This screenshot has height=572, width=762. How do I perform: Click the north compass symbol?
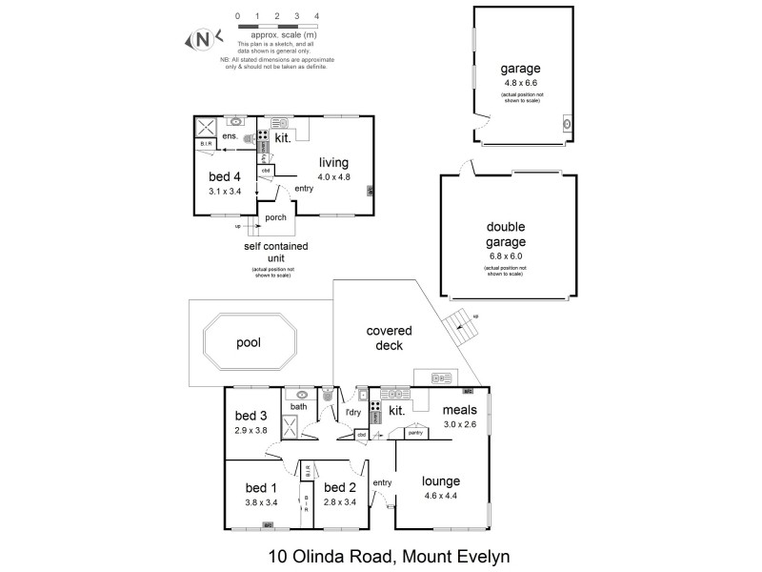pyautogui.click(x=202, y=39)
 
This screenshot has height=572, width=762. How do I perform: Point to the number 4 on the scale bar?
pyautogui.click(x=317, y=16)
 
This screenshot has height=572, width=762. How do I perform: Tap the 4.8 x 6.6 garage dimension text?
pyautogui.click(x=521, y=83)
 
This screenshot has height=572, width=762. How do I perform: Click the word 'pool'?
pyautogui.click(x=249, y=342)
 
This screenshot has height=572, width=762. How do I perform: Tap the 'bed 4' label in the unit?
pyautogui.click(x=227, y=176)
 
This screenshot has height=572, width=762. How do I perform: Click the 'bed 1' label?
pyautogui.click(x=261, y=489)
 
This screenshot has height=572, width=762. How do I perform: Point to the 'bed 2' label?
pyautogui.click(x=340, y=489)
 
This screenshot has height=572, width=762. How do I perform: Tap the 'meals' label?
pyautogui.click(x=459, y=411)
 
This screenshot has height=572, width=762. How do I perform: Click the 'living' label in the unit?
pyautogui.click(x=333, y=162)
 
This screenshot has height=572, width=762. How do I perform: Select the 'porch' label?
pyautogui.click(x=275, y=217)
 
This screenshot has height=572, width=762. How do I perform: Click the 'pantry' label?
pyautogui.click(x=413, y=433)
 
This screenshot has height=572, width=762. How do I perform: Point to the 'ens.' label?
pyautogui.click(x=230, y=137)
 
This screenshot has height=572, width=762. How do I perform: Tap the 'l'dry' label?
pyautogui.click(x=352, y=412)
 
